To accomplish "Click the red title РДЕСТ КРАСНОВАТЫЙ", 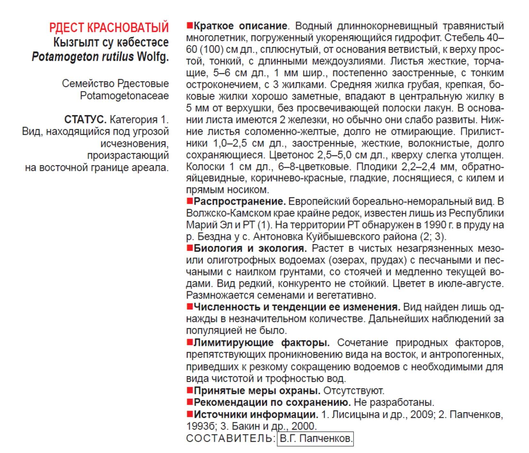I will tap(109, 27).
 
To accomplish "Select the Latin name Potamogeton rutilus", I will tap(83, 57).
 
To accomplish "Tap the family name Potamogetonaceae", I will tap(124, 95).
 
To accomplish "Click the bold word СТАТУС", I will tap(85, 119).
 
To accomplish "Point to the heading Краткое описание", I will tap(240, 26).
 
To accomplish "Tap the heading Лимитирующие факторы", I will tap(261, 343).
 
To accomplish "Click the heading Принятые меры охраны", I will tap(257, 390).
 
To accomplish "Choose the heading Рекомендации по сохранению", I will tap(272, 402).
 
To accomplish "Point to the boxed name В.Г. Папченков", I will tap(315, 438).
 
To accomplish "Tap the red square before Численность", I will tap(189, 307).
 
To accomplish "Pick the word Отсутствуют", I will tap(354, 390).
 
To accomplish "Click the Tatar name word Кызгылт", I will tap(73, 42).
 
